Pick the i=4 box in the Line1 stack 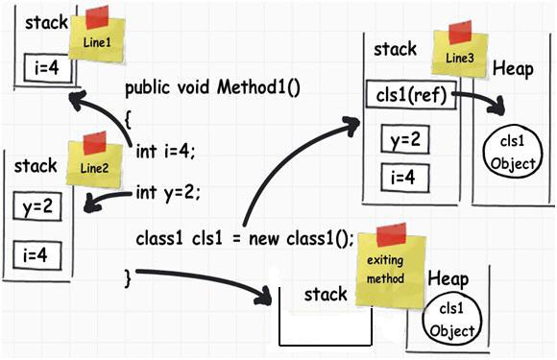[45, 69]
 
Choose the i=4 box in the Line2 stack [36, 253]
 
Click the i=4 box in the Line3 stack [403, 178]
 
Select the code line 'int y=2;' [169, 192]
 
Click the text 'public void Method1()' [212, 88]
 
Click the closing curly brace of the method [128, 276]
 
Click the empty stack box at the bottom [325, 322]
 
